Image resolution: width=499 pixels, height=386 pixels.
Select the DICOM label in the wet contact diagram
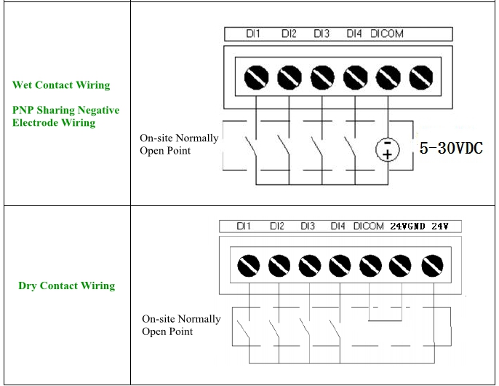386,34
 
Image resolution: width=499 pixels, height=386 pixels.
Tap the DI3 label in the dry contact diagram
308,227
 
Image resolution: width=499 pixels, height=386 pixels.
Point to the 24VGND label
407,227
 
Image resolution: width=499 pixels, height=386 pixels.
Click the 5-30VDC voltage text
452,149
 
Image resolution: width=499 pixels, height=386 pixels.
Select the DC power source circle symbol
387,149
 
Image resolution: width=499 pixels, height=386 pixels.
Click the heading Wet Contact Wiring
61,85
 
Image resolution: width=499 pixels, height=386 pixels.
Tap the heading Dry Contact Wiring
66,285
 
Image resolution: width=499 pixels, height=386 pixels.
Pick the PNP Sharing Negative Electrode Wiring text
65,117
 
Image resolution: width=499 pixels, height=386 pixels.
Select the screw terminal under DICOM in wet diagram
388,76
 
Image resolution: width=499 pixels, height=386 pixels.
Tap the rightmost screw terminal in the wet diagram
420,76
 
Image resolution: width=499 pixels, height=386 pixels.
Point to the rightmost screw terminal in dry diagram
433,266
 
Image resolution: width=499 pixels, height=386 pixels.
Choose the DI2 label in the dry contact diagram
277,227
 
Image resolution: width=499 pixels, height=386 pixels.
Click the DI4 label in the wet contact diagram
354,34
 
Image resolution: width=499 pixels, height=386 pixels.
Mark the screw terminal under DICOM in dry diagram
370,266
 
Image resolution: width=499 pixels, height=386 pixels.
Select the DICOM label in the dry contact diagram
368,227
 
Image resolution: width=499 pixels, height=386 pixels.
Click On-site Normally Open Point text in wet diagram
179,144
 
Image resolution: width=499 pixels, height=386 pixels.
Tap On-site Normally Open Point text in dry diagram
181,325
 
